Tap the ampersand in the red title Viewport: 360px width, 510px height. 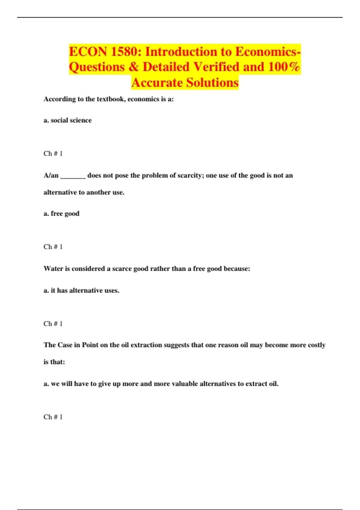[133, 67]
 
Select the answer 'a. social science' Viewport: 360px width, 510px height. [67, 120]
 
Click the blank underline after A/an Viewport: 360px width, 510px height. [73, 175]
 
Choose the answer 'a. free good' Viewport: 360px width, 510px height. [61, 214]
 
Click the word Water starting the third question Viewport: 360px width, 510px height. [53, 268]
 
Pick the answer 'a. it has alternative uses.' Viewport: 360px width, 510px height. [81, 290]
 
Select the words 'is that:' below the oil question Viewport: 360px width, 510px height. [54, 362]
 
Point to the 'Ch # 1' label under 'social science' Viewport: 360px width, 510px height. [53, 154]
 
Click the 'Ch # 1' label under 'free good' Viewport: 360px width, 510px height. [53, 247]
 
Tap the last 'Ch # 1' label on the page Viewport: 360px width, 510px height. [53, 417]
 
